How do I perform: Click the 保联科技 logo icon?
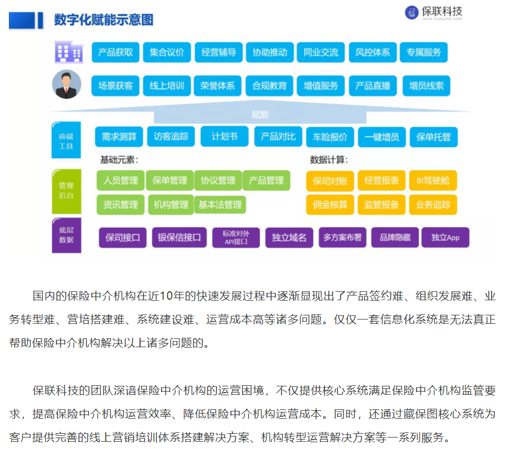412,13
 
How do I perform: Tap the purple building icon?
69,52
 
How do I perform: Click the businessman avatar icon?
67,85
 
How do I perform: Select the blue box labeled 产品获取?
115,52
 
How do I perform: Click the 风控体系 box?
373,52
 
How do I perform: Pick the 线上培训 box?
167,86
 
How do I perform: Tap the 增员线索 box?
426,86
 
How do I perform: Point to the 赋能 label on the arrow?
260,115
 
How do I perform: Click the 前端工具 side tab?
66,140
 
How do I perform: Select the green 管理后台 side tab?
66,192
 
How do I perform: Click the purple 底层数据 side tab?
66,235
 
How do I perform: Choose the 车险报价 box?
330,137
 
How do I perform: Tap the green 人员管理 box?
121,180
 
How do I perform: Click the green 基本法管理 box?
220,205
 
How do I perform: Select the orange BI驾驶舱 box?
433,180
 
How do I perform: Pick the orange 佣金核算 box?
330,205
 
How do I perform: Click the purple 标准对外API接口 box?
236,238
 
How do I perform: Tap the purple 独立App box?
446,238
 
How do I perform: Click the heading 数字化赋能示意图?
103,19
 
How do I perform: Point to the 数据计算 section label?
329,160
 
